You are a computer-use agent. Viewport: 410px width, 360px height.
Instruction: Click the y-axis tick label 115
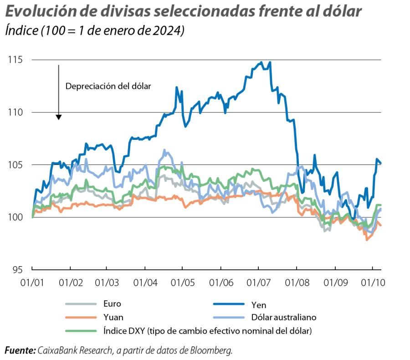(x=15, y=60)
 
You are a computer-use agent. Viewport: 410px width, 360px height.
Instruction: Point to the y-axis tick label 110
(x=15, y=112)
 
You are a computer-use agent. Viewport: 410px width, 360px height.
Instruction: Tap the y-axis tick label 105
(x=15, y=165)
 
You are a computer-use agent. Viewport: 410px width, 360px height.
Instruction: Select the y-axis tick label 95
(x=17, y=270)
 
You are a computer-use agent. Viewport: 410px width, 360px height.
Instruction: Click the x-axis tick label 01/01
(x=31, y=283)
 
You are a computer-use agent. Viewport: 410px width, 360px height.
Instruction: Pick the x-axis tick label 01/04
(x=144, y=283)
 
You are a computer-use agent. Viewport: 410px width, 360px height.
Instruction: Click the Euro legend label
(x=112, y=303)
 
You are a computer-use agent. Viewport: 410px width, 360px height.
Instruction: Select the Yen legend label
(x=258, y=305)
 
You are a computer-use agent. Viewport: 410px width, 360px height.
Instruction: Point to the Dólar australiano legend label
(x=283, y=317)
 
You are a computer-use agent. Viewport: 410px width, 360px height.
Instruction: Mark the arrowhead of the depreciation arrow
(x=59, y=118)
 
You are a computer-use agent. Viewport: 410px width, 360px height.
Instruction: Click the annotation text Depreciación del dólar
(x=108, y=86)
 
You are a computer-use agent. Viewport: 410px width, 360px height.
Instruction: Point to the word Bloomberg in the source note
(x=212, y=350)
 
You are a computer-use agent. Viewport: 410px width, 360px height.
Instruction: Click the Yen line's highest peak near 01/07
(x=261, y=62)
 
